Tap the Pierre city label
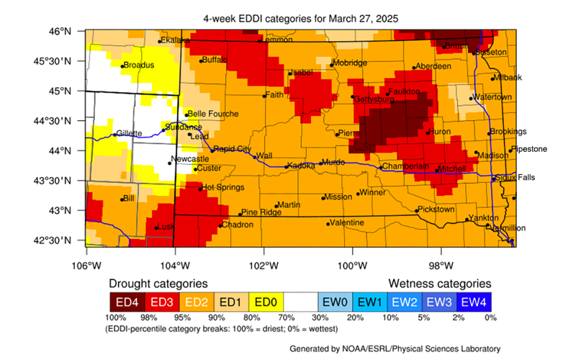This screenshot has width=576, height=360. point(349,133)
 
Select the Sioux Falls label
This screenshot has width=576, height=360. point(516,177)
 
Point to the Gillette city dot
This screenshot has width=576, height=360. point(114,135)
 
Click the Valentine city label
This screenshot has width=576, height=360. point(347,223)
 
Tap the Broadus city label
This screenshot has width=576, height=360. point(139,65)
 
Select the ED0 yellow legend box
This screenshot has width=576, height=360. point(266,300)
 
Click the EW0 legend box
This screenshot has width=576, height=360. point(336,300)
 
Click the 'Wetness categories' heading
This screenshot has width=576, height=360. point(440,284)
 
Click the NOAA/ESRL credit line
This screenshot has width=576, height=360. point(391,348)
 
